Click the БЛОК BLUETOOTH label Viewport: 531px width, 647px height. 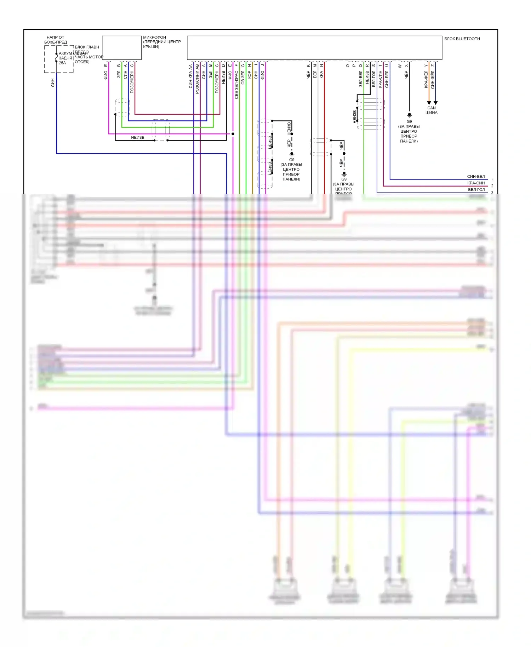click(x=462, y=39)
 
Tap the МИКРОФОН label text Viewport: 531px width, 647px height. click(x=154, y=37)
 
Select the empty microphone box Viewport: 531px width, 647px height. click(x=122, y=47)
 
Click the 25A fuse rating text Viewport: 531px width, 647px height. click(x=62, y=63)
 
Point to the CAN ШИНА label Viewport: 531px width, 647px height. click(x=432, y=110)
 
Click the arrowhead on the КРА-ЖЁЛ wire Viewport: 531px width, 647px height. click(x=429, y=103)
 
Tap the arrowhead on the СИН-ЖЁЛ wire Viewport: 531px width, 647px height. click(x=435, y=103)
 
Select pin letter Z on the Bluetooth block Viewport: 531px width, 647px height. click(x=433, y=65)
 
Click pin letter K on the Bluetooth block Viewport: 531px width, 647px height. click(x=308, y=65)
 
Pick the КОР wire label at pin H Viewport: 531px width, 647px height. click(x=249, y=75)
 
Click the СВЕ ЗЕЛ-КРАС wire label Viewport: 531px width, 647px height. click(x=236, y=85)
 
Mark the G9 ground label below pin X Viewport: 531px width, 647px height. click(x=409, y=121)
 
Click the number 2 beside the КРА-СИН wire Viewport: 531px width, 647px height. click(x=492, y=186)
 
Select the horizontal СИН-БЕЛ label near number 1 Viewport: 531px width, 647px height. click(x=476, y=177)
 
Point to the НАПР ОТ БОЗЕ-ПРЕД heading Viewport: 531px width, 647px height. click(x=56, y=40)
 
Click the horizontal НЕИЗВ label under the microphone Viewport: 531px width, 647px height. click(x=138, y=137)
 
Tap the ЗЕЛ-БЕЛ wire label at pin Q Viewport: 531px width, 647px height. click(x=360, y=79)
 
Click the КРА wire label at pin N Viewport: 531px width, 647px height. click(x=321, y=75)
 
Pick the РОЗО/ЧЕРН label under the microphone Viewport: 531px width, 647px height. click(x=132, y=82)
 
